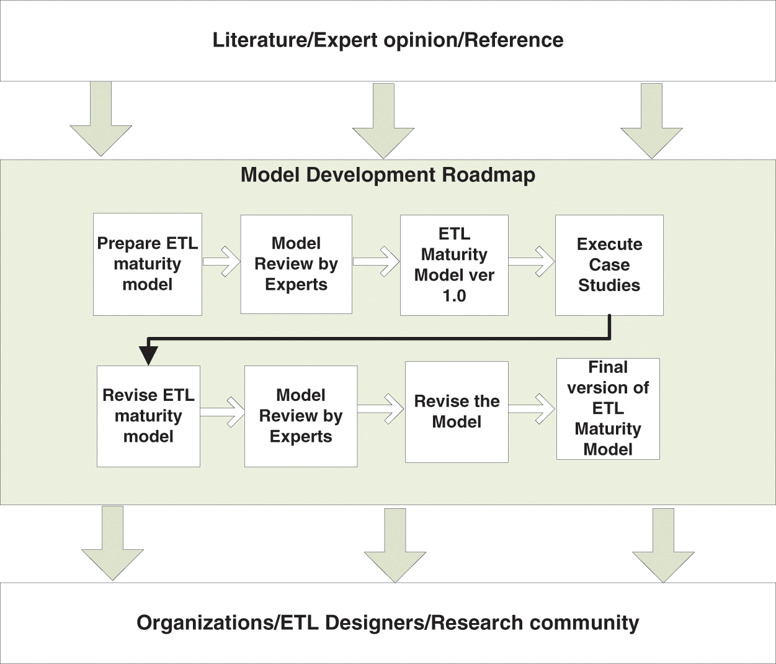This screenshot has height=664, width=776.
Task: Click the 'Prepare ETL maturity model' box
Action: [x=147, y=264]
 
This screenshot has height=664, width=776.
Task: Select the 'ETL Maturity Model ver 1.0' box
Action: [x=454, y=265]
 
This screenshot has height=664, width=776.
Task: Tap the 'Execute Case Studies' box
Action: [x=609, y=265]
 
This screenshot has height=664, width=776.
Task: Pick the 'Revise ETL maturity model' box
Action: [x=148, y=416]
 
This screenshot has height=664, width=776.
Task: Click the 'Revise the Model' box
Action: [x=457, y=412]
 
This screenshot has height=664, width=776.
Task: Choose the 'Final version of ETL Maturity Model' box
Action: [x=608, y=409]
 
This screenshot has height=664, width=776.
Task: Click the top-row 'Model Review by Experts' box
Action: [x=296, y=264]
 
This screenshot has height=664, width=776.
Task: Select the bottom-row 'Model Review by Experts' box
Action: [x=301, y=416]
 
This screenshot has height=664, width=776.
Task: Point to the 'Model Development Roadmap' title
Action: [x=388, y=175]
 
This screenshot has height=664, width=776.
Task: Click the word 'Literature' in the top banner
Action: [x=260, y=40]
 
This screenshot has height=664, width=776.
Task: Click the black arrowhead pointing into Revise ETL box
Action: [x=149, y=356]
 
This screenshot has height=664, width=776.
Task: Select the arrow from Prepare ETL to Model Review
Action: [x=221, y=261]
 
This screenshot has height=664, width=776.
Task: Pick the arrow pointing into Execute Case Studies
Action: [x=532, y=261]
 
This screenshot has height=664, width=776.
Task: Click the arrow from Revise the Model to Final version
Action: [x=532, y=408]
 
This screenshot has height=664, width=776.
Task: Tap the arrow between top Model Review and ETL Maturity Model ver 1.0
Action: [x=377, y=261]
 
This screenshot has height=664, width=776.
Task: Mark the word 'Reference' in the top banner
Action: [x=514, y=40]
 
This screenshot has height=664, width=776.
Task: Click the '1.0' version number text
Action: [x=454, y=296]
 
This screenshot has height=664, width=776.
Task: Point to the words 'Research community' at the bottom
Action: [x=535, y=623]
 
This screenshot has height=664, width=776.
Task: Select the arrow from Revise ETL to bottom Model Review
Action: [x=223, y=412]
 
